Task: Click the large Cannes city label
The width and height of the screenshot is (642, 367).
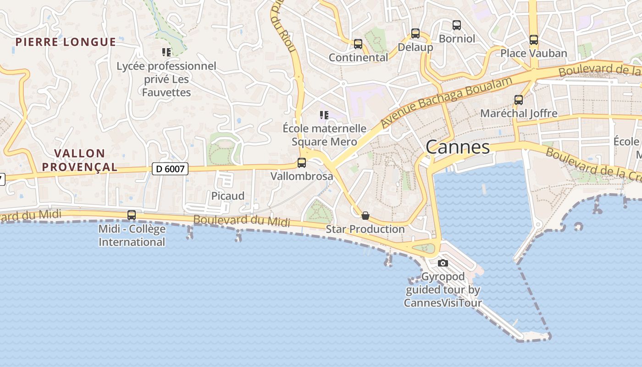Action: [457, 147]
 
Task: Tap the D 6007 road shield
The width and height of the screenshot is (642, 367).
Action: [170, 169]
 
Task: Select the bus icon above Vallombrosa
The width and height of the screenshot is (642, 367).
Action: [302, 162]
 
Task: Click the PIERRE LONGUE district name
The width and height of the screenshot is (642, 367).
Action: [66, 42]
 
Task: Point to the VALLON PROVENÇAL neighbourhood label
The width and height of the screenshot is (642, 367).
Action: [80, 160]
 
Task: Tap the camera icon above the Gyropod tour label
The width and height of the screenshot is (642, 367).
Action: [443, 263]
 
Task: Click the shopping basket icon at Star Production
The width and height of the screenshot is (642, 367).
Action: [365, 216]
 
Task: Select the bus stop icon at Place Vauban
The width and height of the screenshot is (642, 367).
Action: [533, 40]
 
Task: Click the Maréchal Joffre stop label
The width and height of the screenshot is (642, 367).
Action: [518, 113]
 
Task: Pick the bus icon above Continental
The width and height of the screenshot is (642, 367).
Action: [358, 44]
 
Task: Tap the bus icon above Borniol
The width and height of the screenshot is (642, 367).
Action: [456, 25]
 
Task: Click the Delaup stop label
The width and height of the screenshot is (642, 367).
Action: [415, 47]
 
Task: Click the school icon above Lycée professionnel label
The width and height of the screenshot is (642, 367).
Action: [166, 52]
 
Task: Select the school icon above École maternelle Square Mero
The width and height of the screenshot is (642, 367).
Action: [324, 115]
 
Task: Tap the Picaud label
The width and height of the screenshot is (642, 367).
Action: [227, 196]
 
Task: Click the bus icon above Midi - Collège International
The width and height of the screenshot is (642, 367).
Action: [132, 215]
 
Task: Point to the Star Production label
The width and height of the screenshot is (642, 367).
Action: [365, 229]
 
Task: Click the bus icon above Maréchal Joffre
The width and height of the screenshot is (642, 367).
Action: [518, 100]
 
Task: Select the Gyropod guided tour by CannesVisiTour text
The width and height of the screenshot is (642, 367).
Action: [443, 290]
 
